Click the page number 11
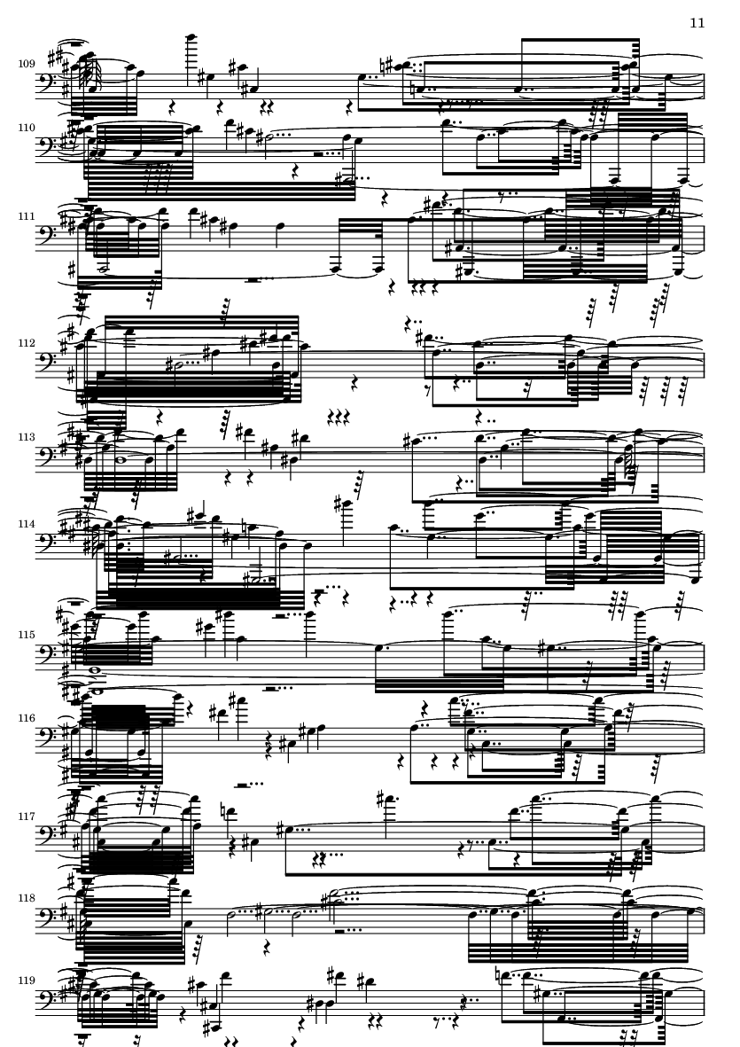click(697, 23)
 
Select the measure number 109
click(27, 64)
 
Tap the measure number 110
click(27, 128)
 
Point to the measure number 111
click(27, 216)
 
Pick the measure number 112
click(27, 343)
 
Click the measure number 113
click(27, 437)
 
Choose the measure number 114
click(27, 524)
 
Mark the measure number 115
click(27, 635)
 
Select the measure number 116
click(27, 718)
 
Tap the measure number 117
click(27, 817)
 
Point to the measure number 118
click(27, 898)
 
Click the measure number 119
click(27, 981)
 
